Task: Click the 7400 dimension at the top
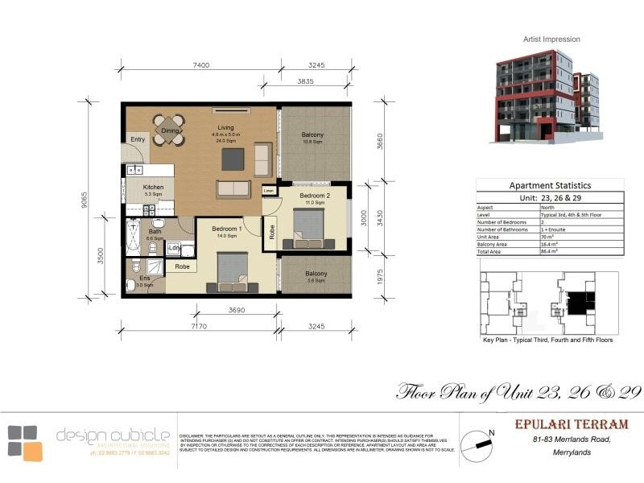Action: (x=201, y=65)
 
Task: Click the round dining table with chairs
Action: (x=169, y=130)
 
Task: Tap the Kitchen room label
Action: (x=153, y=188)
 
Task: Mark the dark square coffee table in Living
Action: (x=233, y=159)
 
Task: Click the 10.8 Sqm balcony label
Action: (x=312, y=138)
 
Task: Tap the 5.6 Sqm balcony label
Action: (x=316, y=278)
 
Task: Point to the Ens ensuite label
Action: (x=144, y=279)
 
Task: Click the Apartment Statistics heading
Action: (x=550, y=185)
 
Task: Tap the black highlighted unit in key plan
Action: (x=576, y=302)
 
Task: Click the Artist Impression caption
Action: (x=551, y=39)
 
